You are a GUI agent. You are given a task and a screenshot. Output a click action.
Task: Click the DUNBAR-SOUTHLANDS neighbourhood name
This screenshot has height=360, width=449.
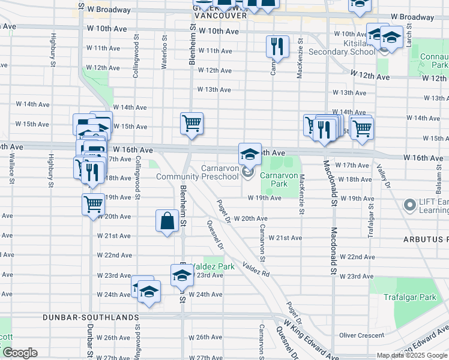(x=91, y=316)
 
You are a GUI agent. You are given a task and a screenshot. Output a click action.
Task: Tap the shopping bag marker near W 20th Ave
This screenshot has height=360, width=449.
(x=167, y=221)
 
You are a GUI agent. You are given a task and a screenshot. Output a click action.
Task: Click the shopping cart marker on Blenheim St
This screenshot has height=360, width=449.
(x=191, y=124)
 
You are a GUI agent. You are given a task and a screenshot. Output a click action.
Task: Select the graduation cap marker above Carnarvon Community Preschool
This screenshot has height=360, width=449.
(x=250, y=154)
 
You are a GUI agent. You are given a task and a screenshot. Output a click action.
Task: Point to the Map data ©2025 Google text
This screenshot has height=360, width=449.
(x=412, y=355)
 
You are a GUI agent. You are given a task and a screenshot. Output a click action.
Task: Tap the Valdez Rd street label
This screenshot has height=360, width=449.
(x=258, y=268)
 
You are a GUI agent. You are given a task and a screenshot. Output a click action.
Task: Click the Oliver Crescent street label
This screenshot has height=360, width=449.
(x=361, y=335)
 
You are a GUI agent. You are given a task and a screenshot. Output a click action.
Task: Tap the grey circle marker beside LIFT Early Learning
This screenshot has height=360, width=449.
(x=411, y=206)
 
